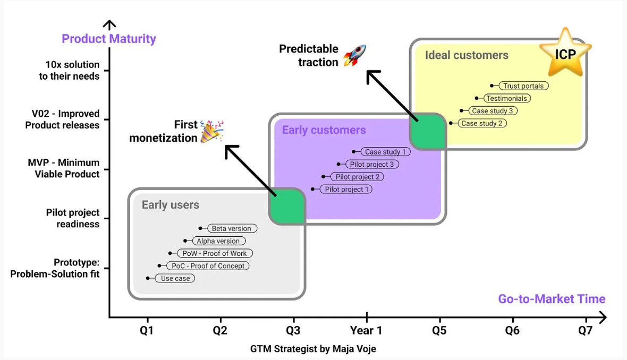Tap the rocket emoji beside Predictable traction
point(354,56)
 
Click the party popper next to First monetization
point(211,131)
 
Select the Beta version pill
point(232,228)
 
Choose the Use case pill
point(175,278)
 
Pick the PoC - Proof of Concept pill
point(208,266)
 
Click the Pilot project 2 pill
point(357,177)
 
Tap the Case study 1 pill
point(385,152)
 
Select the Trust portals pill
point(523,86)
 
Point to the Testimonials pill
point(506,98)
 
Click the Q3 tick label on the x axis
point(293,331)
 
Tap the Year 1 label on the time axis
point(366,331)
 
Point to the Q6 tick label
point(512,331)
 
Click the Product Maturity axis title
point(109,39)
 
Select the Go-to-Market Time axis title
point(552,299)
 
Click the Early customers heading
point(324,130)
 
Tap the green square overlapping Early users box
point(287,207)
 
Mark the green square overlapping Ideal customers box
point(428,132)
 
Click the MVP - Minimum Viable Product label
point(64,168)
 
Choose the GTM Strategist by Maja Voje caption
point(313,349)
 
